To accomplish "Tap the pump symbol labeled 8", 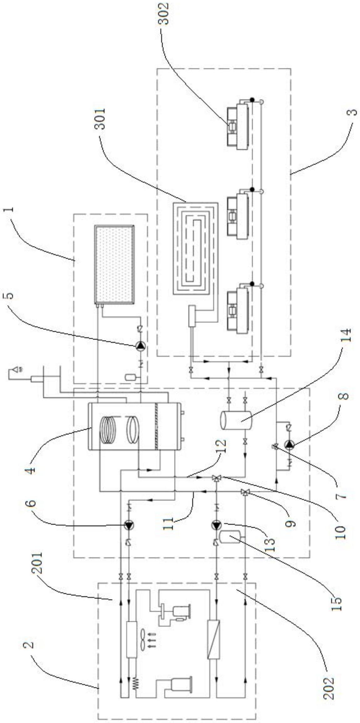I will pyautogui.click(x=288, y=444).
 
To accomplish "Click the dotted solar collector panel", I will pyautogui.click(x=115, y=265).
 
